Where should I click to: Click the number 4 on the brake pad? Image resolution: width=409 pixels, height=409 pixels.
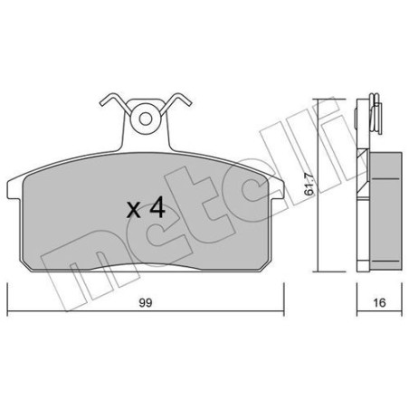[x=157, y=207]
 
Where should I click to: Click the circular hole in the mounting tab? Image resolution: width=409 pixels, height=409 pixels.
[x=146, y=118]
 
